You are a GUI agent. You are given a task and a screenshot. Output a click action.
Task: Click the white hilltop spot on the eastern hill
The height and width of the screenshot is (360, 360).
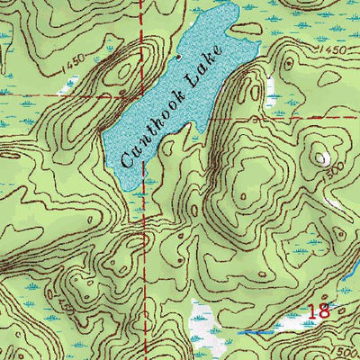click(321, 158)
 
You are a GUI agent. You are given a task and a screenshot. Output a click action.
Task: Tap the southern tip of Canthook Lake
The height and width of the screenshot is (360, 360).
click(135, 185)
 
